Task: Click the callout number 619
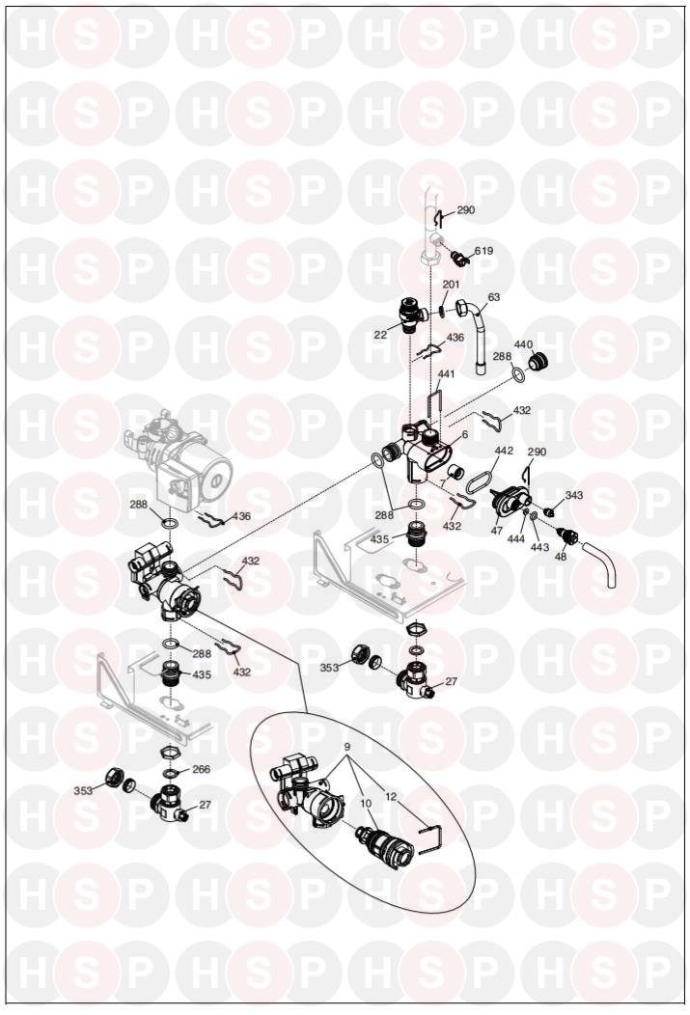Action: click(483, 251)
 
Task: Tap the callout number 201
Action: click(452, 285)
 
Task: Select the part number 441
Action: click(446, 374)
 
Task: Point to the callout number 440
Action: click(523, 344)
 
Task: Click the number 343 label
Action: click(574, 495)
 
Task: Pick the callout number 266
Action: click(202, 770)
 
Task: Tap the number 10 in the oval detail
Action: click(366, 804)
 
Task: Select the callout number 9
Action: click(347, 747)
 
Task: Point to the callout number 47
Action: click(496, 531)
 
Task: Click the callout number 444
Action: click(516, 538)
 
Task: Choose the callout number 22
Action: click(380, 335)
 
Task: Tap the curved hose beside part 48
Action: click(598, 565)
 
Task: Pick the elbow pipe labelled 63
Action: click(477, 336)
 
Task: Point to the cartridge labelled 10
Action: click(381, 841)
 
